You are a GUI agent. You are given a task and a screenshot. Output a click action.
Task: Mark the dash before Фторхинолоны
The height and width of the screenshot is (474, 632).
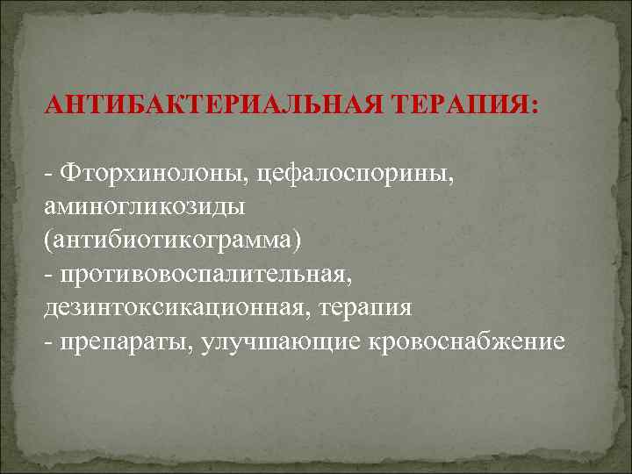pos(47,174)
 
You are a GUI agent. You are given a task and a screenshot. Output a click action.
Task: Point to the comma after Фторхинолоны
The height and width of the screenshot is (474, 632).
pos(252,178)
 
